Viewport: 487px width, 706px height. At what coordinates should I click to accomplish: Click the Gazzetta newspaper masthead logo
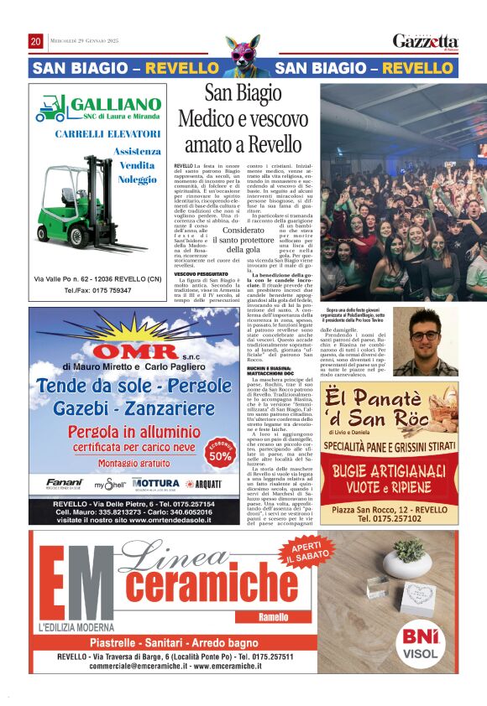click(426, 41)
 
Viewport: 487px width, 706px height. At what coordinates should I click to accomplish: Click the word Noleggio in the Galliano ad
click(137, 179)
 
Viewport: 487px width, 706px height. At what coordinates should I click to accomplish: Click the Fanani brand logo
click(65, 484)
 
